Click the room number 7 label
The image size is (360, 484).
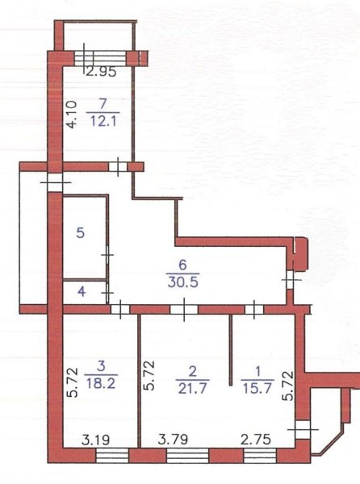[103, 104]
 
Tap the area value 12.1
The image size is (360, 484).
[103, 121]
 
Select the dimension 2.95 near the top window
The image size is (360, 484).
[101, 72]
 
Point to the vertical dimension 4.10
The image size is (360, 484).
[72, 115]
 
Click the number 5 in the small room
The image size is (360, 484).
[80, 232]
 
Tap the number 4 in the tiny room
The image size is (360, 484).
[82, 291]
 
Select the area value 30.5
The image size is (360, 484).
[182, 282]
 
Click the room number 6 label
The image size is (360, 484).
[182, 265]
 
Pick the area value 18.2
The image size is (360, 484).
[101, 384]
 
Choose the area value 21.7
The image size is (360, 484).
[192, 389]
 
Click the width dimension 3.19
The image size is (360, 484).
[96, 440]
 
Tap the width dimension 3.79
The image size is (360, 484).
[174, 440]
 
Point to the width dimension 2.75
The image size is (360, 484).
[256, 440]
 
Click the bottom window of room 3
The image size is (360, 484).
[112, 456]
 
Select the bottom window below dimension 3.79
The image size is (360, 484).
[187, 456]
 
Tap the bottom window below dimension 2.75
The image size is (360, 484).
[260, 456]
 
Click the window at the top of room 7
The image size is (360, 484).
[101, 58]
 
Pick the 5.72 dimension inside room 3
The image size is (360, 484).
[73, 382]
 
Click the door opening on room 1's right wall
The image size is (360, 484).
[302, 429]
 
